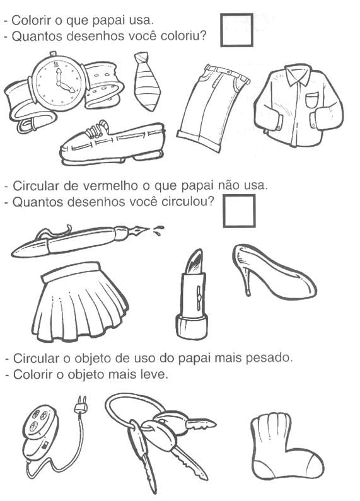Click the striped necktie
(147, 81)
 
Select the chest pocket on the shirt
(311, 100)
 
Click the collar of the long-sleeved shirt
(298, 74)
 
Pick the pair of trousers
(213, 108)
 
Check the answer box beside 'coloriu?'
(236, 30)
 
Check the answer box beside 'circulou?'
(239, 211)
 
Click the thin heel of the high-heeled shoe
(247, 282)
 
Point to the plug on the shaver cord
(80, 405)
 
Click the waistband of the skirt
(71, 272)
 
